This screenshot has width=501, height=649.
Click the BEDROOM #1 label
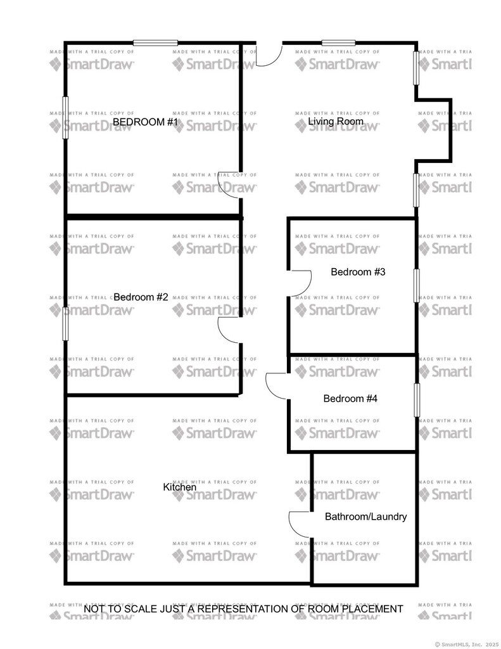145,122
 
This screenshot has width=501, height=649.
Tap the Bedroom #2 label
141,297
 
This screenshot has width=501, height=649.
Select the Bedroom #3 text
358,272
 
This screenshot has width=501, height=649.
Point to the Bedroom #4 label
350,399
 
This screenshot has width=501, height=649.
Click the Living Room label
336,121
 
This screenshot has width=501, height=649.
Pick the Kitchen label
179,487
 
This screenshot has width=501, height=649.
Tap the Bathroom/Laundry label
365,517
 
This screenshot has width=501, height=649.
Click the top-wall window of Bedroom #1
156,42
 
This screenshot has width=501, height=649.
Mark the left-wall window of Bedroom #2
65,324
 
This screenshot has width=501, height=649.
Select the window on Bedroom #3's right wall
416,286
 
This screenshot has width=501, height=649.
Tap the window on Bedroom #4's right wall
417,400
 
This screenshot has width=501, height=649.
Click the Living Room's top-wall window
338,42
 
